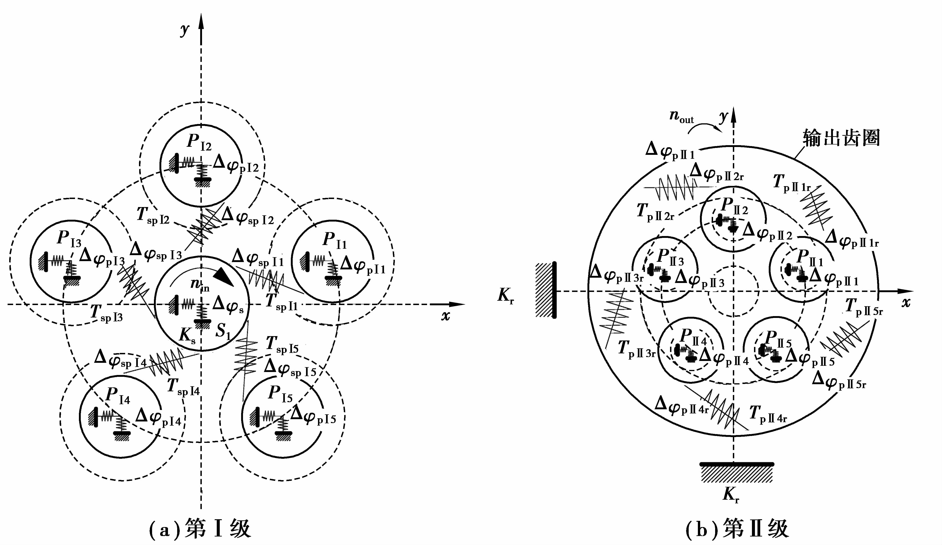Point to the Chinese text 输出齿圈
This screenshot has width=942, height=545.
841,138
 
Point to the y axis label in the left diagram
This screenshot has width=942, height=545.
184,30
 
